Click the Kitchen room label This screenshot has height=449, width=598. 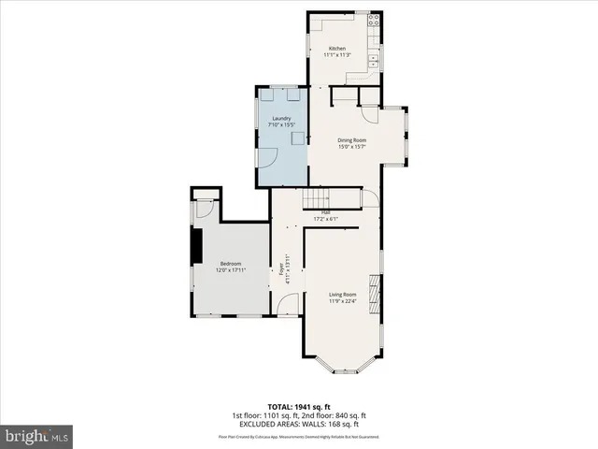335,49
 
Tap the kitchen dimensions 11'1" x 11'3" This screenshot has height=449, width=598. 335,55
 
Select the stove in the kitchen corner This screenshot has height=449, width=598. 374,19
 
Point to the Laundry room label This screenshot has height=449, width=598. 281,118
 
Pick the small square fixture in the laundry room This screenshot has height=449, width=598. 297,138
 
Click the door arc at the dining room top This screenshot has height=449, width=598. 371,114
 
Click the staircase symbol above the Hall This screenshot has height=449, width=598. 317,199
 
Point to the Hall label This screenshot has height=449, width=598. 326,212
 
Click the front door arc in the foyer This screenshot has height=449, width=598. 291,304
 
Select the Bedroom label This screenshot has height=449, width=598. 231,264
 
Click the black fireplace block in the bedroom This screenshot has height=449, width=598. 196,246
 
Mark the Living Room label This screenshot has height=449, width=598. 342,294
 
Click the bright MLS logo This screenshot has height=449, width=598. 37,436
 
